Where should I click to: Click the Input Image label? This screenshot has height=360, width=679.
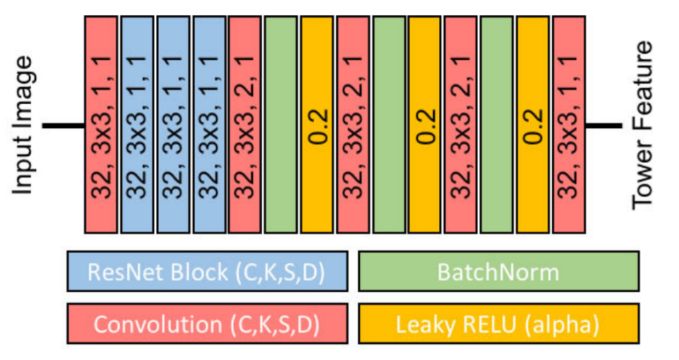[23, 125]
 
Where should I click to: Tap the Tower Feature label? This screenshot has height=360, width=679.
[642, 125]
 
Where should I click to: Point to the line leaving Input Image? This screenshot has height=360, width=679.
[63, 125]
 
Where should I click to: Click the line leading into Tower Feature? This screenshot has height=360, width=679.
[603, 125]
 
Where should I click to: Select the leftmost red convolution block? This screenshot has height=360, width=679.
[101, 125]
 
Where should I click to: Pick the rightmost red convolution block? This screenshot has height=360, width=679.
[570, 125]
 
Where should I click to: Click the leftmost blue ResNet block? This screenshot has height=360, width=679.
[137, 125]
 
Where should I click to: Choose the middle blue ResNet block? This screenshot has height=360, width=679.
[173, 125]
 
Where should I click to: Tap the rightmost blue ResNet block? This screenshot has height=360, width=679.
[210, 125]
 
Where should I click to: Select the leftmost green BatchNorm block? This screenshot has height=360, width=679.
[280, 125]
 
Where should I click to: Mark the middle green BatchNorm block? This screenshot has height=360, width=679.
[389, 125]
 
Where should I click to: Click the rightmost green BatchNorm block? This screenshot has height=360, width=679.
[497, 125]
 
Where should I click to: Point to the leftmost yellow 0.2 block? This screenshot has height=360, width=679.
[317, 125]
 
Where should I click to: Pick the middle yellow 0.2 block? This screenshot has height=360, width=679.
[425, 125]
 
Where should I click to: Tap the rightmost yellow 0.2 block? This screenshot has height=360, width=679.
[532, 125]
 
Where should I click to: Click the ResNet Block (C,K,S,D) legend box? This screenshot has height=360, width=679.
[208, 271]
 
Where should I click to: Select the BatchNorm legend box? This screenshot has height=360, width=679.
[499, 271]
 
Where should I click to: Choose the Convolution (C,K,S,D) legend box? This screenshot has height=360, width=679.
[208, 324]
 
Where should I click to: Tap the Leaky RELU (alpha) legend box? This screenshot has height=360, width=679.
[499, 324]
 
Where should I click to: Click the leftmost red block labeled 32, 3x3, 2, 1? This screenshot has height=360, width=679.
[245, 125]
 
